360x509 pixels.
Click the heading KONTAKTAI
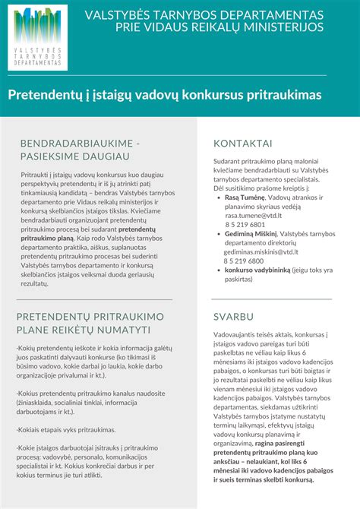(243, 144)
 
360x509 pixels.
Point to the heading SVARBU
(235, 315)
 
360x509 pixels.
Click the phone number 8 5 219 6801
(245, 225)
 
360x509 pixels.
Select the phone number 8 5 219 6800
(244, 261)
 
